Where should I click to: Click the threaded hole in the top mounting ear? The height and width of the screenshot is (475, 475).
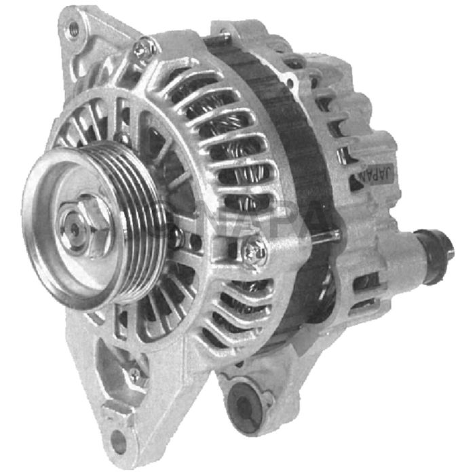(73, 28)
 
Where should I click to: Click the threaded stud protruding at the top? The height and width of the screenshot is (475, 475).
(224, 31)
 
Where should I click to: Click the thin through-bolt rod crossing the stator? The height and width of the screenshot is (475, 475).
(323, 235)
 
